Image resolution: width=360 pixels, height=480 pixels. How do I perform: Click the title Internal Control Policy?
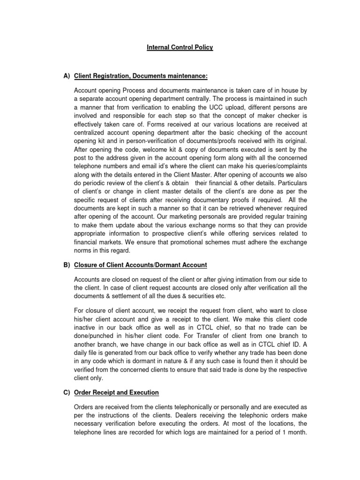pyautogui.click(x=179, y=47)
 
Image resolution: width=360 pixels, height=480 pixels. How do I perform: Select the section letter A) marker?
pyautogui.click(x=66, y=76)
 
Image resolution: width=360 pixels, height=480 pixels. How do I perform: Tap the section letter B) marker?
pyautogui.click(x=66, y=265)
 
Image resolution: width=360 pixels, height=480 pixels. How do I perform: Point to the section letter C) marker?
pyautogui.click(x=66, y=392)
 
